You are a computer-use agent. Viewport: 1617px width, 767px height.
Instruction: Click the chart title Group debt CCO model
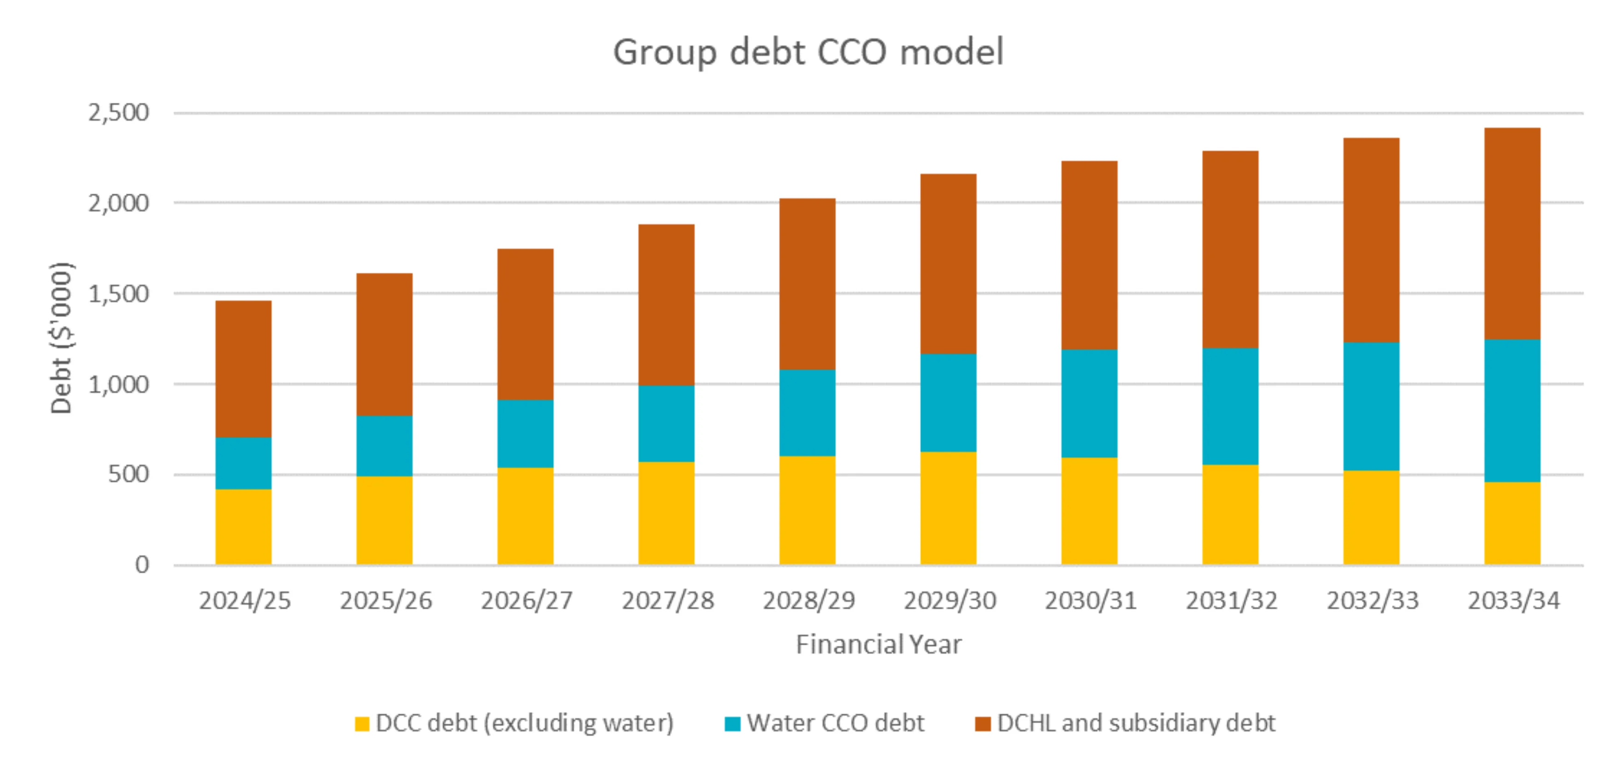[808, 52]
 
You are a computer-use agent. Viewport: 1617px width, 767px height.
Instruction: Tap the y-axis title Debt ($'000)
[61, 338]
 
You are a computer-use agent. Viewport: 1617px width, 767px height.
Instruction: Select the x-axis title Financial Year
[878, 644]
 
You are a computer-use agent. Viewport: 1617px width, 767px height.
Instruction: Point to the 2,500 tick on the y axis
[118, 113]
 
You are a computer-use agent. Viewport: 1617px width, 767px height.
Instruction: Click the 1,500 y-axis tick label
[118, 294]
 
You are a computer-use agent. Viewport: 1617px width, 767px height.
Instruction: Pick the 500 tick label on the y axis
[128, 474]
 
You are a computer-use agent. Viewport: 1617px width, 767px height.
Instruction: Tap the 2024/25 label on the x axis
[245, 601]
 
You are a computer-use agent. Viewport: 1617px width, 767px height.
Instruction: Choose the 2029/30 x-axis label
[949, 601]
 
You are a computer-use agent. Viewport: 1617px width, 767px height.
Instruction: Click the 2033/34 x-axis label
[1513, 601]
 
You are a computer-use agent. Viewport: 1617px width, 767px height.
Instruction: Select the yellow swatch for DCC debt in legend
[361, 724]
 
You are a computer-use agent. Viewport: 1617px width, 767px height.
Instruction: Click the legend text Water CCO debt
[835, 723]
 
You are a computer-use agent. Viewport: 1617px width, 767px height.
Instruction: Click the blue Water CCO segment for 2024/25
[243, 463]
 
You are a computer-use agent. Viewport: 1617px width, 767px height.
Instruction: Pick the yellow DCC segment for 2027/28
[666, 513]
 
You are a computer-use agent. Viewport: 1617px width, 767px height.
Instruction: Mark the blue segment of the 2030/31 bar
[1089, 404]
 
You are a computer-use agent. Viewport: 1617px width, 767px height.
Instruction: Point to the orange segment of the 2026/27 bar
[525, 324]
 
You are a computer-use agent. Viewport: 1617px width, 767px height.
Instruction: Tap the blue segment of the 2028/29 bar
[807, 413]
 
